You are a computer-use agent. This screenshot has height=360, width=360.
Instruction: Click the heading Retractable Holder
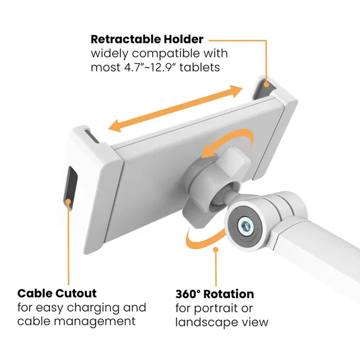[x=147, y=40]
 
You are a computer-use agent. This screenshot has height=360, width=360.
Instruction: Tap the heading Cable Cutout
[x=57, y=293]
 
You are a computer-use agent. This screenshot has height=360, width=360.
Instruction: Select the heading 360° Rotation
[x=215, y=294]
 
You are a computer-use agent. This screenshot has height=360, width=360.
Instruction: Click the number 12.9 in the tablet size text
[x=162, y=67]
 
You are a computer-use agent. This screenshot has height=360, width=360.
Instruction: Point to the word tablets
[x=199, y=67]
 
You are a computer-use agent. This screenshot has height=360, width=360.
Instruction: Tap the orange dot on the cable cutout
[x=68, y=202]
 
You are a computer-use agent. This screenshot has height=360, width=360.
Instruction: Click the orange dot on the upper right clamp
[x=266, y=84]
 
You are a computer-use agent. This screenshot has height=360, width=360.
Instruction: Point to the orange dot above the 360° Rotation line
[x=215, y=249]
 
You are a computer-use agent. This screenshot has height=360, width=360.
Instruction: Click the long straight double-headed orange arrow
[x=175, y=109]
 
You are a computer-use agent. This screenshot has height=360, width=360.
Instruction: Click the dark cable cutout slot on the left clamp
[x=71, y=184]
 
